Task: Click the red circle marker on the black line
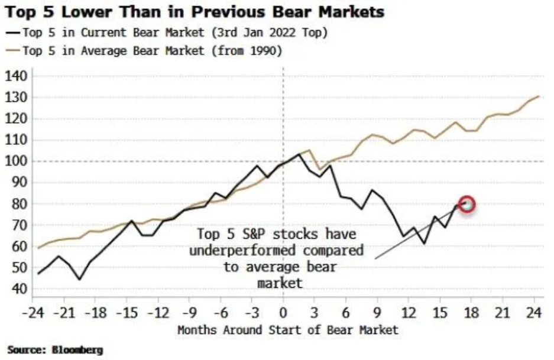[467, 205]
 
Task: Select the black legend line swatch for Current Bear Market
[12, 33]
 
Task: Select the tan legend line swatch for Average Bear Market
[12, 51]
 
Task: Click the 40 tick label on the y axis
[19, 289]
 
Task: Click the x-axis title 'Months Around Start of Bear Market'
[288, 329]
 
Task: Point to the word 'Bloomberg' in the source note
[77, 350]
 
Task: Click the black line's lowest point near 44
[79, 280]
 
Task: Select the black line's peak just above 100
[299, 154]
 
